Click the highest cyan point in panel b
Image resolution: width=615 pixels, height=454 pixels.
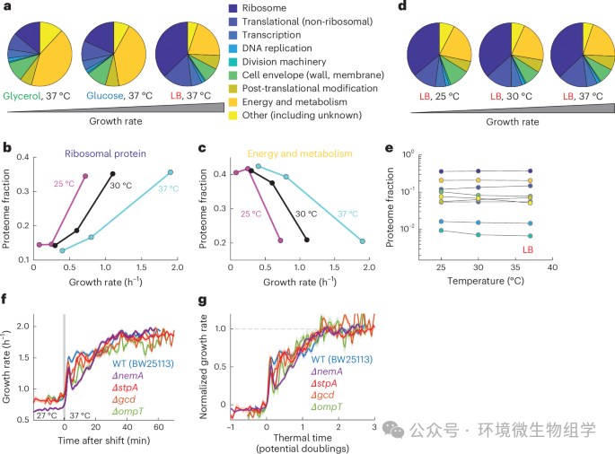pos(170,172)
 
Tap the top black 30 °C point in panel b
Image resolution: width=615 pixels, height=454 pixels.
pos(112,174)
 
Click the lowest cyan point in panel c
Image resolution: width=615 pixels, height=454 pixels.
pos(362,240)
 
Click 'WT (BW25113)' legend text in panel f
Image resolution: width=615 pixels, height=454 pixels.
pos(143,362)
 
